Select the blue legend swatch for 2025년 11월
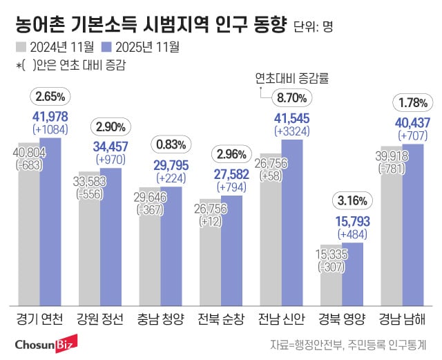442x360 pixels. (x=107, y=48)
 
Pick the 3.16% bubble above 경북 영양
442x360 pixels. (x=352, y=202)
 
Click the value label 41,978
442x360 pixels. (x=50, y=115)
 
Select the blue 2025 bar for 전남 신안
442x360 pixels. (x=291, y=222)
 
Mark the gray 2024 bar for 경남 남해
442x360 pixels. (x=391, y=229)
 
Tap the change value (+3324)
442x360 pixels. (x=291, y=131)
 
